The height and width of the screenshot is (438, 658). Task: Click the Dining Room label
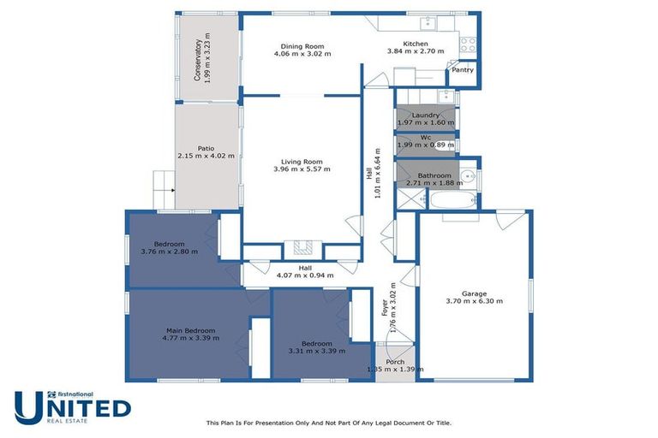click(302, 45)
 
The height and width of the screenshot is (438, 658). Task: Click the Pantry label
click(463, 70)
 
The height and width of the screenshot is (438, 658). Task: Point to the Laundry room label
click(425, 115)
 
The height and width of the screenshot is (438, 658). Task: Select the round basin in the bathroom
click(467, 177)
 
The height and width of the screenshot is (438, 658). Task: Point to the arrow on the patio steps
click(172, 191)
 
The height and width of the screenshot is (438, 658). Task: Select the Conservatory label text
click(198, 60)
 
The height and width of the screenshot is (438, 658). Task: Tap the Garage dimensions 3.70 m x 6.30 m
click(474, 301)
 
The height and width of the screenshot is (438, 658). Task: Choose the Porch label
click(395, 362)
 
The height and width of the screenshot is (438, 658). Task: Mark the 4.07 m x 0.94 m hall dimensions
click(304, 275)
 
